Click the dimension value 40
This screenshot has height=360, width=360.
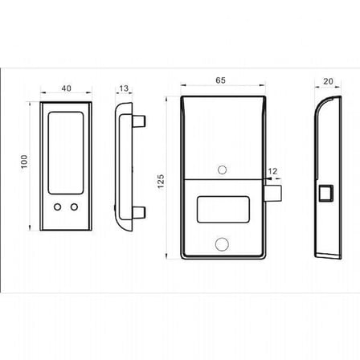66,88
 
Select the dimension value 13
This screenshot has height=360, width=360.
124,88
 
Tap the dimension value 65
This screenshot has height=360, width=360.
220,80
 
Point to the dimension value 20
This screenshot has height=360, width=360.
328,81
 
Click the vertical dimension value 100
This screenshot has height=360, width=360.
24,162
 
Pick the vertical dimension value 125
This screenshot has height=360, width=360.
161,182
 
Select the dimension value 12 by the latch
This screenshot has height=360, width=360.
272,171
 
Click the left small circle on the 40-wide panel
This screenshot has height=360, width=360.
57,207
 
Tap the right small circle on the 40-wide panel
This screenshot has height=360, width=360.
74,207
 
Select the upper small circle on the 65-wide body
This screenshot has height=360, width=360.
222,170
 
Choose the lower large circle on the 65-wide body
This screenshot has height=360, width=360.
222,244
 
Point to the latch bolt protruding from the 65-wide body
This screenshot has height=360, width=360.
273,194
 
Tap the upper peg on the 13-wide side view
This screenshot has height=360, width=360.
139,121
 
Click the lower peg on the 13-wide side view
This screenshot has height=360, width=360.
139,212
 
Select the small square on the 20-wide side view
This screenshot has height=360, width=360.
326,193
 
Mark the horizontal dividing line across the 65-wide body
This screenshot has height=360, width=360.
223,178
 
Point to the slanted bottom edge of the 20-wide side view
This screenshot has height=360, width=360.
328,256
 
